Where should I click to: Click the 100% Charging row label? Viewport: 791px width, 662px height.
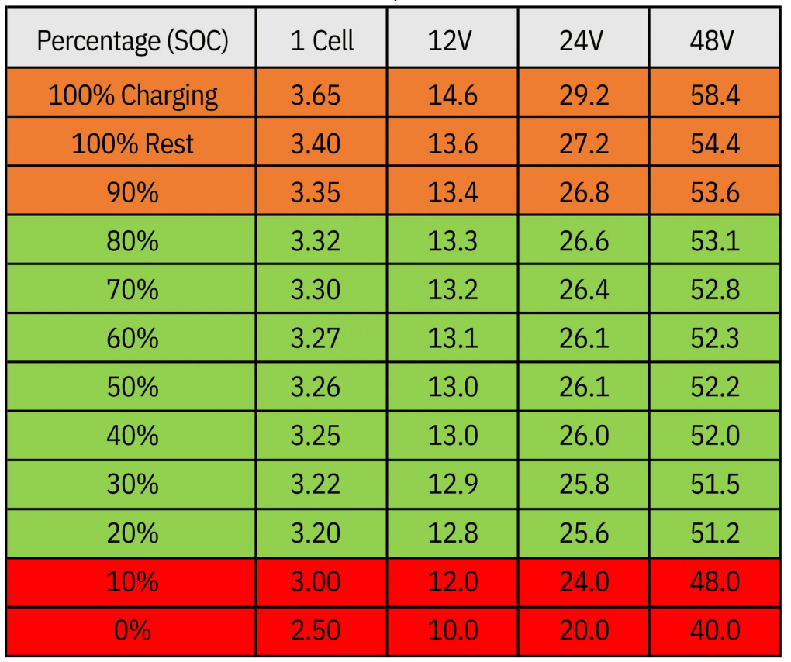click(132, 95)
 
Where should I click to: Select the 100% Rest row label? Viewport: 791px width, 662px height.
click(132, 144)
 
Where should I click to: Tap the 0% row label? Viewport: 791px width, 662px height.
click(132, 630)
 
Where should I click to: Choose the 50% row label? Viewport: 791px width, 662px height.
click(132, 387)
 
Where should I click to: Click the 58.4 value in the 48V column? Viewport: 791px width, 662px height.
click(714, 95)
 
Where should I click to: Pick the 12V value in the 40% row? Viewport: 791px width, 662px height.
click(453, 436)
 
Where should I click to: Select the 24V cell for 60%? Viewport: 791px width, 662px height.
click(584, 339)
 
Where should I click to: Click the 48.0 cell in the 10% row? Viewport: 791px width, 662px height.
click(714, 581)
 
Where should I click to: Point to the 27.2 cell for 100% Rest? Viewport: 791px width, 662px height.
click(584, 144)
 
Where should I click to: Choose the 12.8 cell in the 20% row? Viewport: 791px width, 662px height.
click(453, 533)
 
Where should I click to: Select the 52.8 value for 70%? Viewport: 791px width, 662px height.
click(714, 290)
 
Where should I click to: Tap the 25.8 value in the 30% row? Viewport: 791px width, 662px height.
click(584, 484)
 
